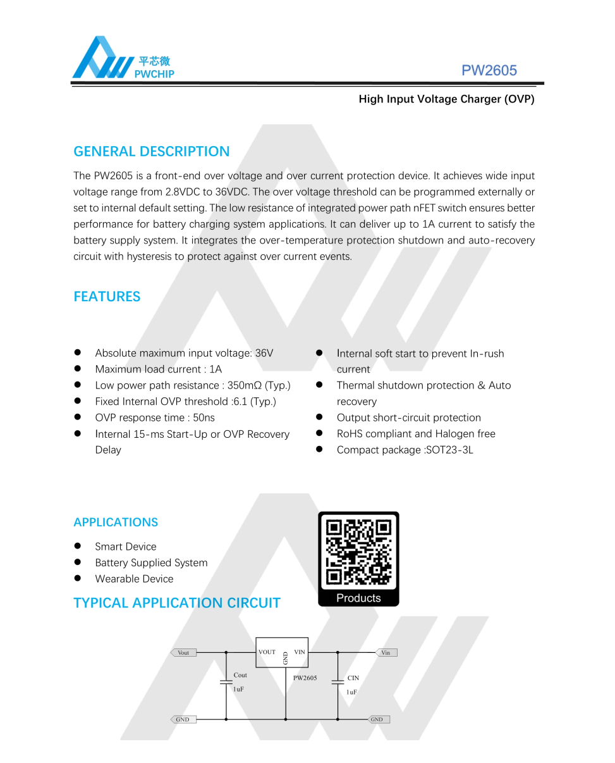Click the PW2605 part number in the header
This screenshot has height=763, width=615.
(x=489, y=70)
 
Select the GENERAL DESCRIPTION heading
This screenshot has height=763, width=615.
(x=152, y=152)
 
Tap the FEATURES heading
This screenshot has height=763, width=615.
(x=107, y=297)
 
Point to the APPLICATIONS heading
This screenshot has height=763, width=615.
(x=116, y=523)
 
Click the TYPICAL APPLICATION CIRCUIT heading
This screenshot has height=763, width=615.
(x=177, y=603)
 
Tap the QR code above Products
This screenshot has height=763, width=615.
(x=358, y=552)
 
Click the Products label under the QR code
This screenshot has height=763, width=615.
(x=358, y=599)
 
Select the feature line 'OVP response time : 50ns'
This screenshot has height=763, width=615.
(x=155, y=418)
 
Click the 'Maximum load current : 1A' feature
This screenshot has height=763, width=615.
(x=159, y=369)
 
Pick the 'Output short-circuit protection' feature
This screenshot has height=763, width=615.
(x=408, y=418)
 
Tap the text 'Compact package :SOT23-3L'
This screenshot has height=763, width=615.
(x=405, y=450)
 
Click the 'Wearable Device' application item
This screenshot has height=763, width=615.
(x=134, y=579)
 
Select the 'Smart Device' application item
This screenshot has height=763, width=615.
(x=126, y=547)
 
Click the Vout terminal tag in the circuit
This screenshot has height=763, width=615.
(x=183, y=652)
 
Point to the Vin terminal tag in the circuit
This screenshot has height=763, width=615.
(x=386, y=652)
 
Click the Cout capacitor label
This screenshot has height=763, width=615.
(x=240, y=676)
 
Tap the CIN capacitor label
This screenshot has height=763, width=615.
(x=353, y=678)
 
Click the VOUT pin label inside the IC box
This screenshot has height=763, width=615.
(x=267, y=652)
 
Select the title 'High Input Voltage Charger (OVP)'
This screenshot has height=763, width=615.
(x=446, y=99)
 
